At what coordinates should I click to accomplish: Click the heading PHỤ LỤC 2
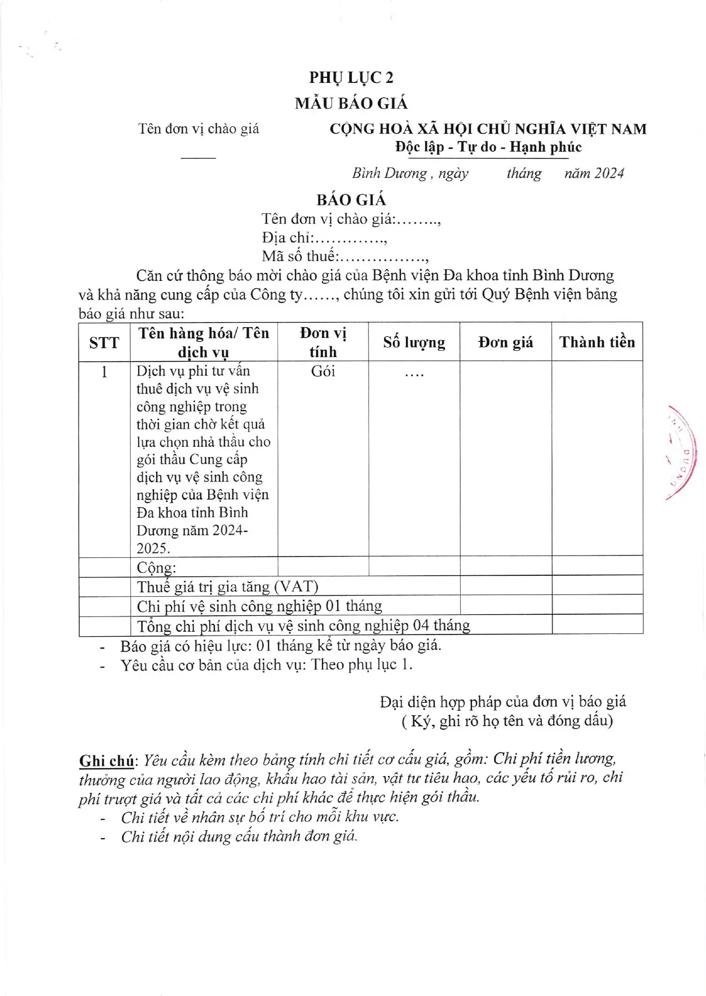pos(351,77)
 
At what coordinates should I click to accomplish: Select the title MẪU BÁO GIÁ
pos(351,103)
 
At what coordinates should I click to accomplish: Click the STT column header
pos(104,342)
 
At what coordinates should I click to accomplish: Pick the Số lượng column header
pos(414,342)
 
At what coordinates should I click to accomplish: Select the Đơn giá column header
pos(505,342)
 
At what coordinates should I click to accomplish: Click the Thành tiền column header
pos(597,342)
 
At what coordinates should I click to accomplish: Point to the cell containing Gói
pos(323,371)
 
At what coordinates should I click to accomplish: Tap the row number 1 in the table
pos(104,372)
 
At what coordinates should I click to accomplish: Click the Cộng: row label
pos(156,567)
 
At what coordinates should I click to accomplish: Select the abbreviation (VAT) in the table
pos(296,587)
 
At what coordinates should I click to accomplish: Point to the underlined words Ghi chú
pos(107,761)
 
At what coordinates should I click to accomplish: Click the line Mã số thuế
pos(345,257)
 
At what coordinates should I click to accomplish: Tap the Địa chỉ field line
pos(324,237)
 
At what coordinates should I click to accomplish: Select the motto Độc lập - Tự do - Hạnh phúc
pos(488,147)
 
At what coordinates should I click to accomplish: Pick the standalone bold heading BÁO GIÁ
pos(351,200)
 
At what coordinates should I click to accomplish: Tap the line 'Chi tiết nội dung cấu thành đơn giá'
pos(239,836)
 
